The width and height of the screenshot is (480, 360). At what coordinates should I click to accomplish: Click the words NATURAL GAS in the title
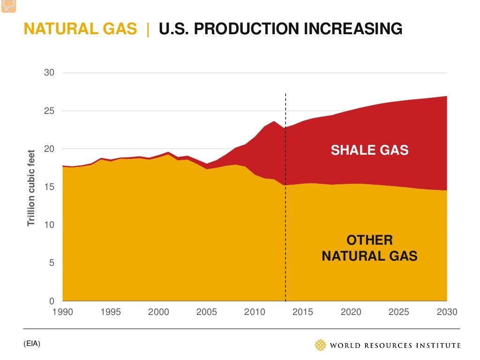80,29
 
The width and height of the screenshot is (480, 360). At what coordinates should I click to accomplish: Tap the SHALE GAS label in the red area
370,150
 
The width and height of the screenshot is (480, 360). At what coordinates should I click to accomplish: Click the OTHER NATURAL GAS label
369,248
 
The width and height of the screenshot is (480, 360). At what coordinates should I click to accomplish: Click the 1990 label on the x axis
63,312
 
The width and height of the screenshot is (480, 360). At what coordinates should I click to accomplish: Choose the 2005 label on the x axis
207,312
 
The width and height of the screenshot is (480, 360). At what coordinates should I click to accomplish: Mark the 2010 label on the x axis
255,312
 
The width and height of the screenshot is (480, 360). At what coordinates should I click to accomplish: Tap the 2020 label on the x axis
351,312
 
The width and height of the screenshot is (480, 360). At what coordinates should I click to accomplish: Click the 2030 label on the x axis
447,312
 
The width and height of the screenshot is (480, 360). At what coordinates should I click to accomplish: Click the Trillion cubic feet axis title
32,187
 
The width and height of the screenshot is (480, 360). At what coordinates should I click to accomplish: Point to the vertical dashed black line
285,197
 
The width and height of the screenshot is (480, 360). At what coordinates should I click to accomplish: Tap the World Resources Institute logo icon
320,345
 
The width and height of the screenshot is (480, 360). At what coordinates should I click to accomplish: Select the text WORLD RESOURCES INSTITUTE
395,345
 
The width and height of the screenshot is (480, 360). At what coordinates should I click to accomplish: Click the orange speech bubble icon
8,6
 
